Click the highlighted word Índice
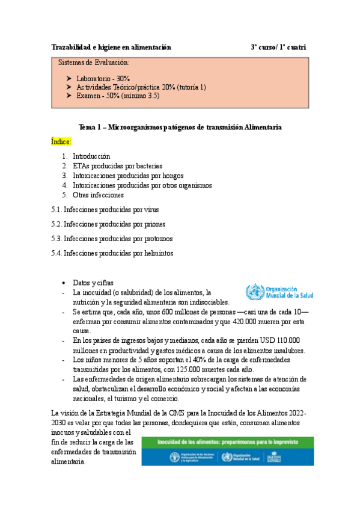pos(61,142)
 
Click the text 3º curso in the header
pos(264,47)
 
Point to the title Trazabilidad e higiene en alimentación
pos(111,47)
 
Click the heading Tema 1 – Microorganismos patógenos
pos(180,127)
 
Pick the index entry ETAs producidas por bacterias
pos(117,166)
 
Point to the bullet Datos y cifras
pos(93,283)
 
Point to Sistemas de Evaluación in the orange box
pos(93,63)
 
